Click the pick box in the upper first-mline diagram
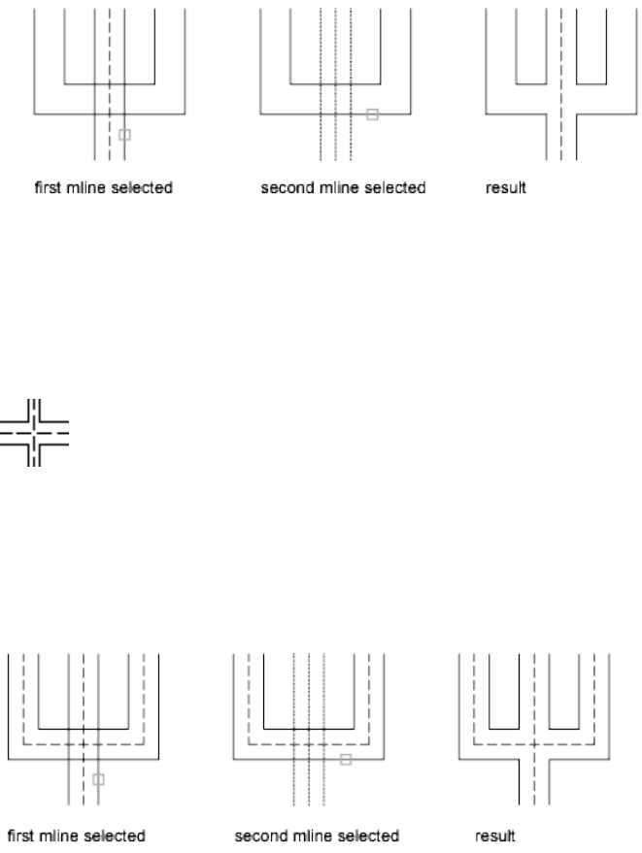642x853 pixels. tap(124, 134)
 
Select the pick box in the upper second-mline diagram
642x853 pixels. tap(372, 115)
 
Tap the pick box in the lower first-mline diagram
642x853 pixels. tap(97, 778)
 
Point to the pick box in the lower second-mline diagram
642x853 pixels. tap(346, 760)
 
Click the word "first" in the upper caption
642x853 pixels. tap(49, 187)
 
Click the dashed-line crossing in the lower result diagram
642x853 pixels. tap(533, 744)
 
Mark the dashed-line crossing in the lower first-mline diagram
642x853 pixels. tap(84, 744)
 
